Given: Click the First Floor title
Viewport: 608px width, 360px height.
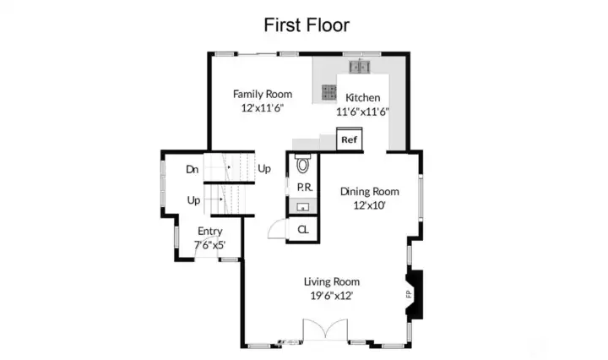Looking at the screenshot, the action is [x=307, y=25].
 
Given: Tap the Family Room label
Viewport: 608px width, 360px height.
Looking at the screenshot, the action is [x=263, y=95].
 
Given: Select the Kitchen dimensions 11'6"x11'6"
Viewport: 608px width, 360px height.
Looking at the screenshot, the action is [x=362, y=112].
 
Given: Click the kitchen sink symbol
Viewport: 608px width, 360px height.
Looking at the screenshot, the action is [x=360, y=67].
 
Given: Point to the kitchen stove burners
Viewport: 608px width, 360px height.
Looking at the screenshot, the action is [x=328, y=92].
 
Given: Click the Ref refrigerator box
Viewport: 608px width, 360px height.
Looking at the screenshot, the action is [x=350, y=139].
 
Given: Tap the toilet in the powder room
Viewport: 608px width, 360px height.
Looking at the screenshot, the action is [x=303, y=164].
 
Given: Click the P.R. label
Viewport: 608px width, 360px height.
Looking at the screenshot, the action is [x=305, y=188].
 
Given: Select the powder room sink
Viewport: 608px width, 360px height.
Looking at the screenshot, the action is [x=303, y=207].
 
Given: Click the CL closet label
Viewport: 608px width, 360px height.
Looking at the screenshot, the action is [x=303, y=230].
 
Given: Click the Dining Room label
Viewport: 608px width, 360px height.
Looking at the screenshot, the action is [x=370, y=192].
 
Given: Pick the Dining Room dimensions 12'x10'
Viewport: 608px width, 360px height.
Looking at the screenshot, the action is [x=369, y=205].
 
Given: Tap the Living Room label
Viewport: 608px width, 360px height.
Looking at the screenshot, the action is [x=332, y=281].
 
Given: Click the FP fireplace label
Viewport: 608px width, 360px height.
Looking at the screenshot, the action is [x=409, y=294].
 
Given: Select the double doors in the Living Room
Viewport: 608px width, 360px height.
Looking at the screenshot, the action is [x=325, y=330].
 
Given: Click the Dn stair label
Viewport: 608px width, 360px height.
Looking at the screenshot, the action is [x=193, y=169].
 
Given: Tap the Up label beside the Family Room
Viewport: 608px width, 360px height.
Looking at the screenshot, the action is [x=264, y=169].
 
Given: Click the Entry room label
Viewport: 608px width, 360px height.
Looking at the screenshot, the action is [x=210, y=232].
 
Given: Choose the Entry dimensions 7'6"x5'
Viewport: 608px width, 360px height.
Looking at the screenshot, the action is [x=209, y=245].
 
